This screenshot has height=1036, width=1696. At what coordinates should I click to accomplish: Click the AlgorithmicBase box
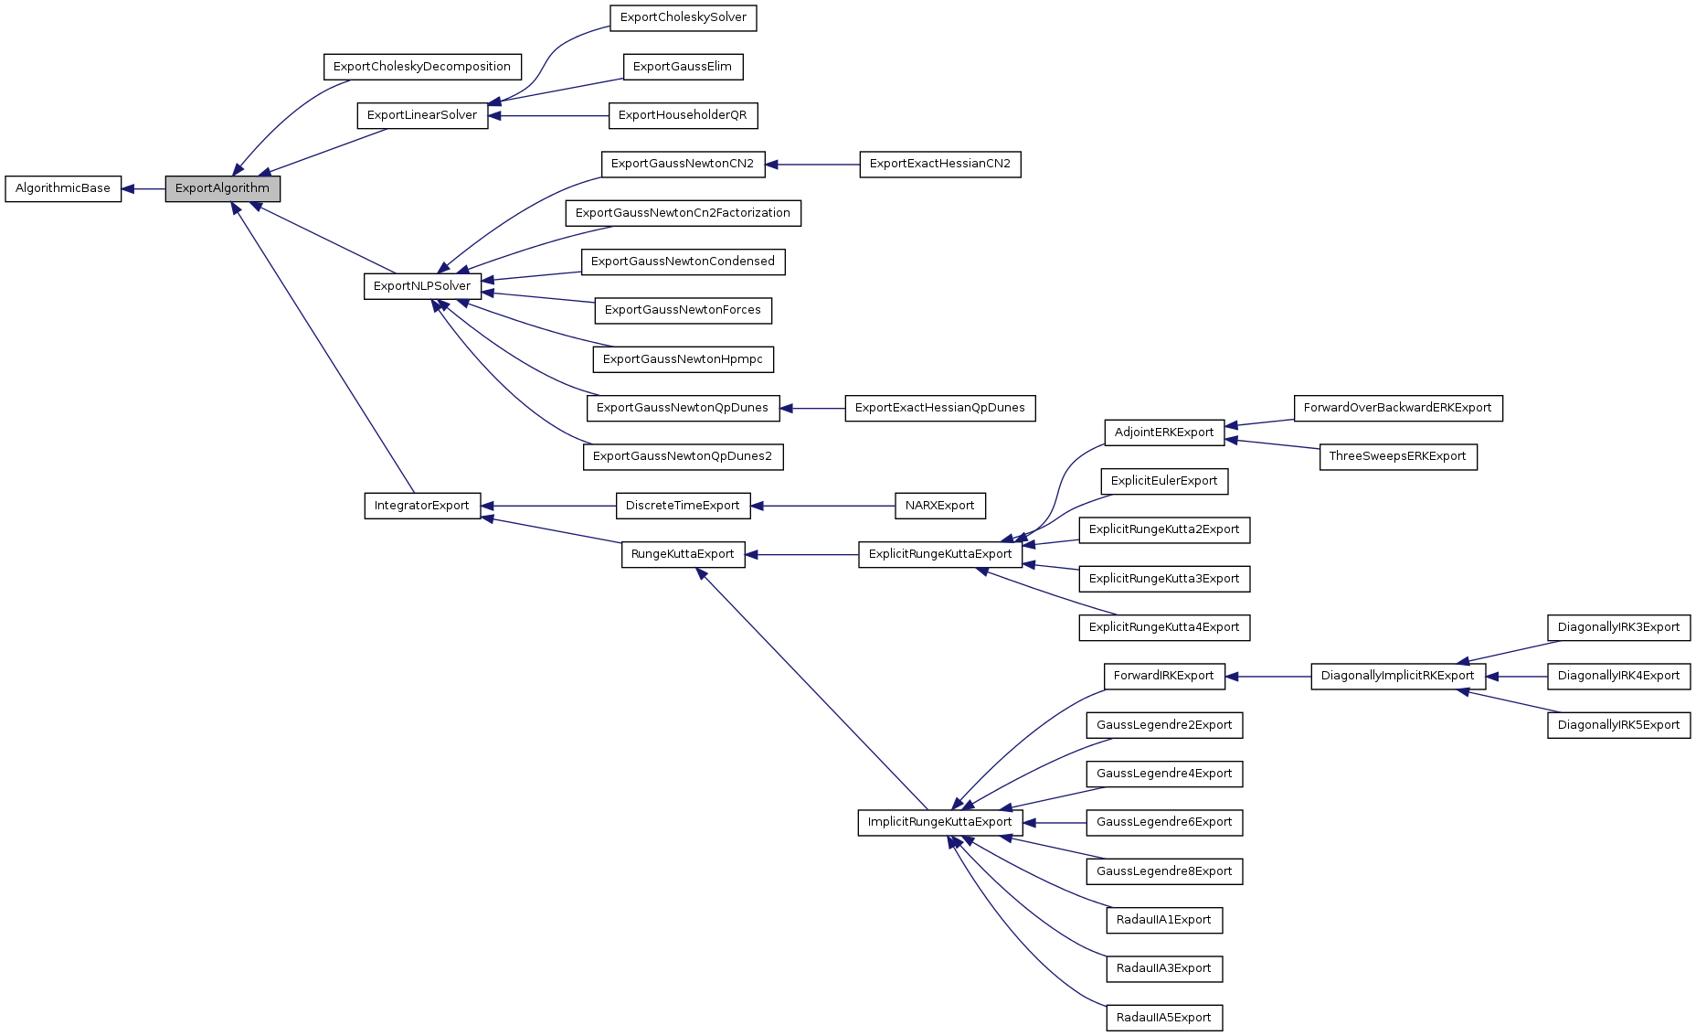tap(63, 188)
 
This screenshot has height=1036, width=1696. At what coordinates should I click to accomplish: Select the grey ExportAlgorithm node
tap(222, 188)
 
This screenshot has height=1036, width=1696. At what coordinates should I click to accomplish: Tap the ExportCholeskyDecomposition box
tap(422, 67)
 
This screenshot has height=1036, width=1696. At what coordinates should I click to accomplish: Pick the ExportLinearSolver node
tap(422, 115)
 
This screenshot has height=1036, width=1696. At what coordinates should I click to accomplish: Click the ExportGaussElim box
tap(683, 67)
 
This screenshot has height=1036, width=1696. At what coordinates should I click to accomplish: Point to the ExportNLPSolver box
tap(422, 286)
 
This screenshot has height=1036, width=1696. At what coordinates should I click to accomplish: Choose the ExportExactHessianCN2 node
tap(939, 165)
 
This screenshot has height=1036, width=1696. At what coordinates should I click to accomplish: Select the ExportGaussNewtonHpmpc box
tap(683, 359)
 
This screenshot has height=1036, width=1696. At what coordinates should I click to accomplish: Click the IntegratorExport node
tap(422, 506)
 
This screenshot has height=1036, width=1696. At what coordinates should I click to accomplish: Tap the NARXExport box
tap(939, 506)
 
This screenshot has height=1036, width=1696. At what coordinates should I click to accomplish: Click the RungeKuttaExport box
tap(683, 554)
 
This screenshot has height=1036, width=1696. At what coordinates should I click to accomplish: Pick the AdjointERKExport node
tap(1163, 433)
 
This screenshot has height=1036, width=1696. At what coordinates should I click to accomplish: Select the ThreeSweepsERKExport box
tap(1397, 456)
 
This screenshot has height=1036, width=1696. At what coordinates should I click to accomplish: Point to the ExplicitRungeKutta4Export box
tap(1163, 627)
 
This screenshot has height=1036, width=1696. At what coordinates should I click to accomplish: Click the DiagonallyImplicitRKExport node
tap(1397, 676)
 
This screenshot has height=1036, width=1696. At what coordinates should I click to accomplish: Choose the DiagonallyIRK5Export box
tap(1618, 725)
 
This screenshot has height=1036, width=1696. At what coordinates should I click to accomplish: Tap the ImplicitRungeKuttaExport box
tap(939, 822)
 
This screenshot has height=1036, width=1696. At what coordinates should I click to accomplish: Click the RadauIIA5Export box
tap(1163, 1018)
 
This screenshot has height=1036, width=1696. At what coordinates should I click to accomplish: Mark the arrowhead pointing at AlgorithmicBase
tap(129, 189)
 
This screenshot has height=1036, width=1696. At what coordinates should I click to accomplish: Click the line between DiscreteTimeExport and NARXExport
tap(822, 506)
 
